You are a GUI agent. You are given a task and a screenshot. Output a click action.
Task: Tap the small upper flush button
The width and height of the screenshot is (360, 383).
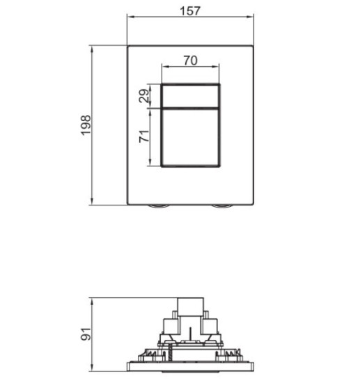point(191,95)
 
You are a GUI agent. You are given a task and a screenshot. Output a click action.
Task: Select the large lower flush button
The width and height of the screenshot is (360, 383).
point(191,136)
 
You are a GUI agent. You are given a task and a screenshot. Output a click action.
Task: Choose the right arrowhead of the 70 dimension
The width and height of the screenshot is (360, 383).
point(217,68)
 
